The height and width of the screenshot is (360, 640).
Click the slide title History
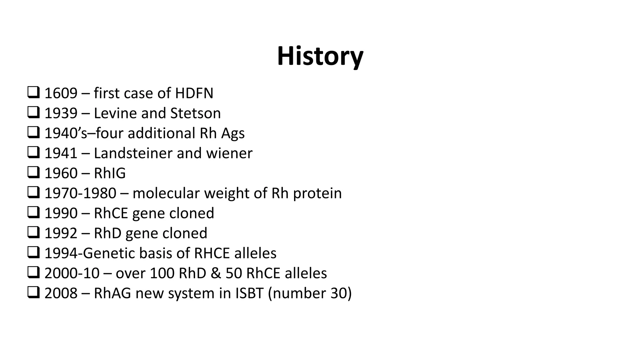pos(320,57)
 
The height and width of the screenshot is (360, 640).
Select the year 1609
pos(61,93)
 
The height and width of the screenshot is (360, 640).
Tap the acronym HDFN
pos(194,93)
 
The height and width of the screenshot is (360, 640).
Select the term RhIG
pos(110,173)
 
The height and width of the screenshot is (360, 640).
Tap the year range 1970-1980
pos(80,193)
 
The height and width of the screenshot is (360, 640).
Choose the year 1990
pos(61,213)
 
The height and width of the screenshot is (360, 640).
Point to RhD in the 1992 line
pos(107,233)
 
